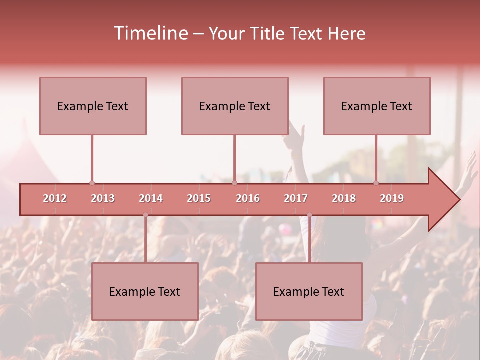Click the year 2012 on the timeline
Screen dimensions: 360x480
pyautogui.click(x=55, y=198)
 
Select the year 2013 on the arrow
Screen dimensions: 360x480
pyautogui.click(x=103, y=198)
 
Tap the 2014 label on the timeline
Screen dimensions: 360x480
pyautogui.click(x=151, y=198)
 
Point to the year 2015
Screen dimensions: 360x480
pyautogui.click(x=199, y=198)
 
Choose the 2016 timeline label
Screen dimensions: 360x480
pyautogui.click(x=248, y=198)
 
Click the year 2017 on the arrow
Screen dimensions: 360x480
pyautogui.click(x=296, y=198)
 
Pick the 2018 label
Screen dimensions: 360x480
pyautogui.click(x=344, y=198)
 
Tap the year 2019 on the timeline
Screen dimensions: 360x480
pyautogui.click(x=392, y=198)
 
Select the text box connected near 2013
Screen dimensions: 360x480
pyautogui.click(x=93, y=106)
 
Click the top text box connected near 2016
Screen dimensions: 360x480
pyautogui.click(x=235, y=106)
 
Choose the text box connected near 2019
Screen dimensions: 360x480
pyautogui.click(x=377, y=106)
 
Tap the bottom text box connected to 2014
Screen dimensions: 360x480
pyautogui.click(x=145, y=291)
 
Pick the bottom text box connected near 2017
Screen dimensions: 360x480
pyautogui.click(x=309, y=291)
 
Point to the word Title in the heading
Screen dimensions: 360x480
pyautogui.click(x=268, y=33)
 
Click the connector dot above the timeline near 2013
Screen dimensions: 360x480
pyautogui.click(x=92, y=183)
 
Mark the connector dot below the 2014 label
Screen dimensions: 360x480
pyautogui.click(x=145, y=215)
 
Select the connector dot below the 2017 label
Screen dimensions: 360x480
pyautogui.click(x=309, y=215)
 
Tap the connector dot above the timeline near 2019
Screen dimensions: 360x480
pyautogui.click(x=376, y=183)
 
